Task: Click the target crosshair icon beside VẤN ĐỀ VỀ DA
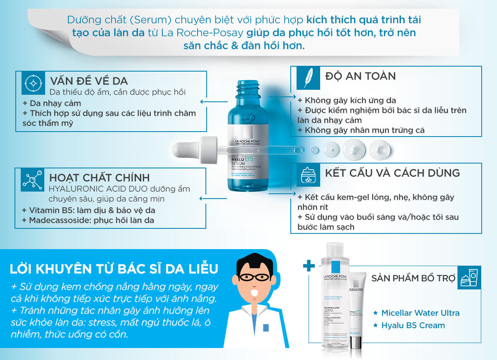point(32,83)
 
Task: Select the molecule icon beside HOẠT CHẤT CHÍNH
point(32,180)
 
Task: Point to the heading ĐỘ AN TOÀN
point(360,76)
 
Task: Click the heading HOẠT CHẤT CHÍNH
point(99,178)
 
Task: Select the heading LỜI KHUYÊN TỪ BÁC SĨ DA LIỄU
point(113,269)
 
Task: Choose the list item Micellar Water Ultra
point(420,313)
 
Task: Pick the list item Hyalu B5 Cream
point(413,325)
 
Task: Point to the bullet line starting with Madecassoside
point(88,221)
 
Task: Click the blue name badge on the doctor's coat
point(265,328)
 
